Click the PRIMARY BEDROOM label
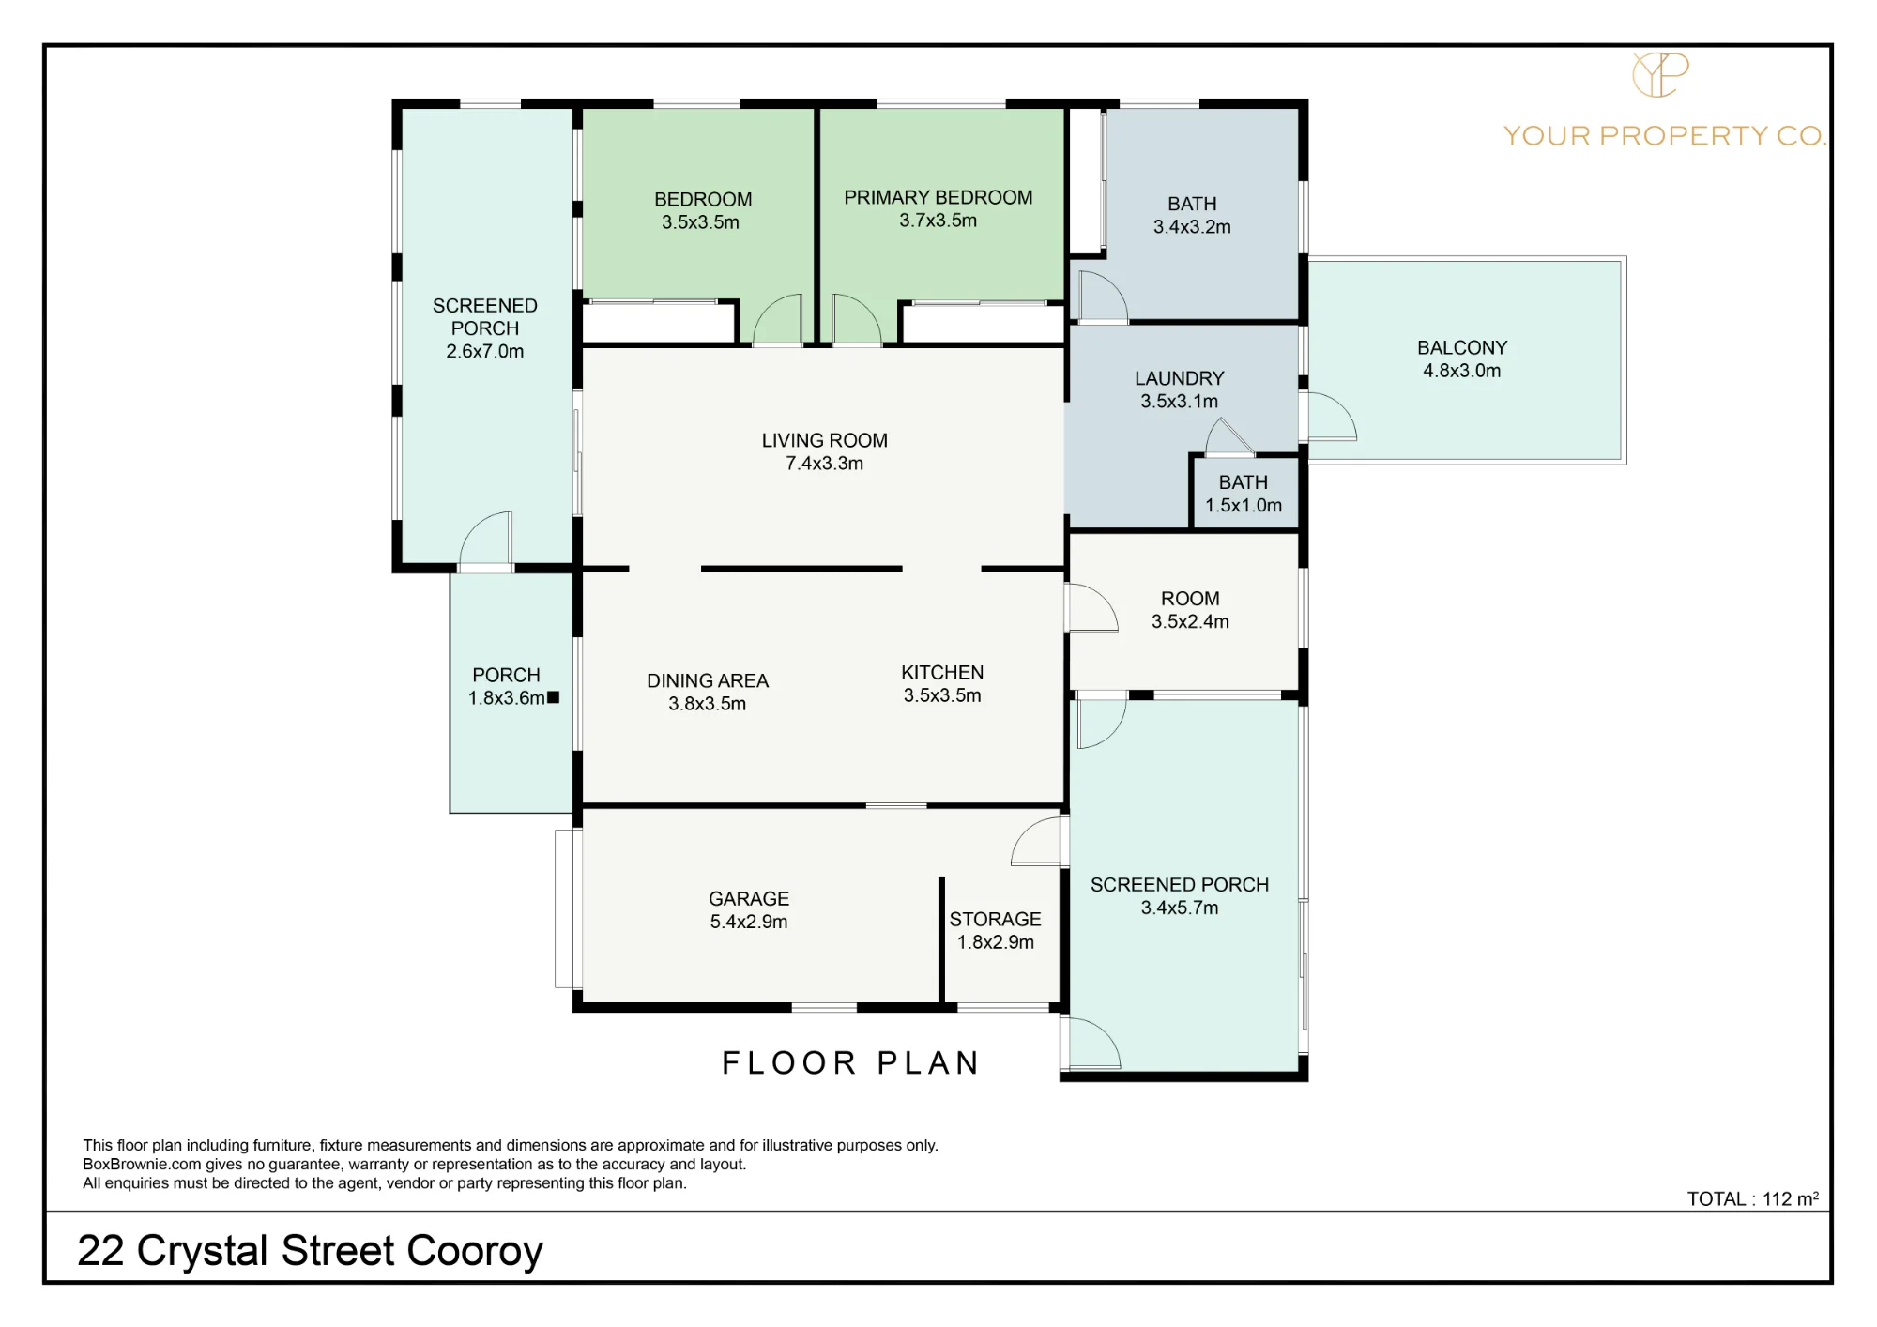pyautogui.click(x=938, y=198)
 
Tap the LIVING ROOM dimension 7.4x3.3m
pyautogui.click(x=824, y=464)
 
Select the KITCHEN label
pyautogui.click(x=942, y=673)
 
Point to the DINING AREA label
pyautogui.click(x=708, y=681)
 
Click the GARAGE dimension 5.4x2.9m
pyautogui.click(x=749, y=922)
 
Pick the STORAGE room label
pyautogui.click(x=995, y=920)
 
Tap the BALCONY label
pyautogui.click(x=1462, y=348)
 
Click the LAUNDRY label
pyautogui.click(x=1180, y=378)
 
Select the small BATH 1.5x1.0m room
pyautogui.click(x=1244, y=495)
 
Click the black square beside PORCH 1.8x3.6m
pyautogui.click(x=553, y=697)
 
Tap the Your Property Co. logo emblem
pyautogui.click(x=1660, y=74)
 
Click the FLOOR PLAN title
pyautogui.click(x=850, y=1063)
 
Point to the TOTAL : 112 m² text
pyautogui.click(x=1753, y=1198)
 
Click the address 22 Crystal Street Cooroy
pyautogui.click(x=310, y=1251)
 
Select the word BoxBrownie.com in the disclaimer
pyautogui.click(x=142, y=1165)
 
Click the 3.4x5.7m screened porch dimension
pyautogui.click(x=1180, y=908)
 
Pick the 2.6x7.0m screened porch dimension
pyautogui.click(x=485, y=352)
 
